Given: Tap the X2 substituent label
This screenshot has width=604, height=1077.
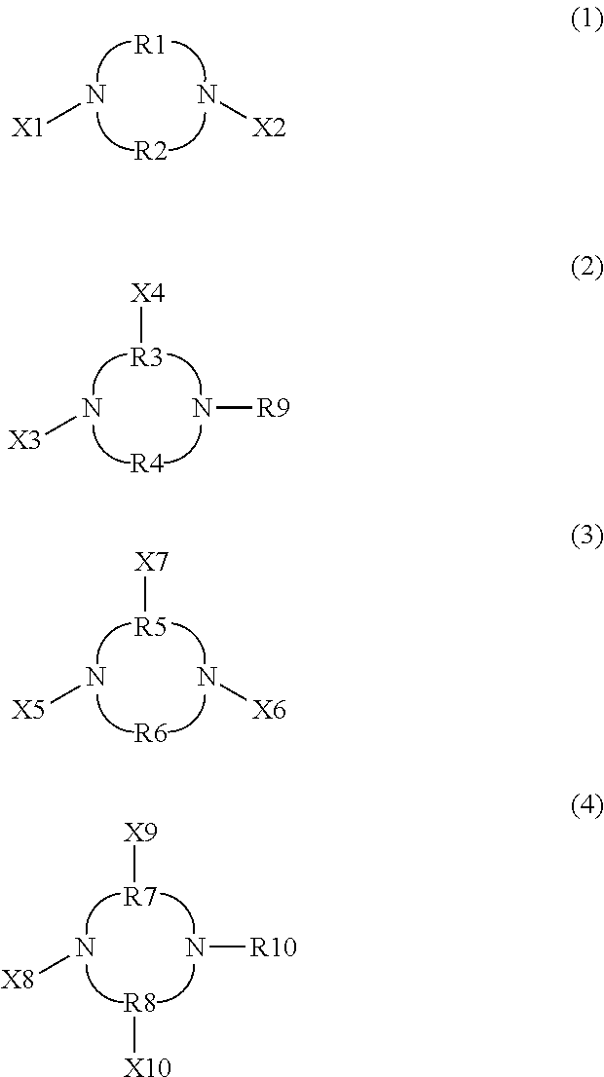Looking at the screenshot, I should (270, 128).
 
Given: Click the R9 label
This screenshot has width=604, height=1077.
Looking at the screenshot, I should (274, 408).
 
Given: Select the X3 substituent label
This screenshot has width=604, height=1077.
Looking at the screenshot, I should (26, 440).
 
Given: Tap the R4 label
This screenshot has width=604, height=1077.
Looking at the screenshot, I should (148, 463).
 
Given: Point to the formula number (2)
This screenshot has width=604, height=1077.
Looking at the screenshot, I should (586, 270).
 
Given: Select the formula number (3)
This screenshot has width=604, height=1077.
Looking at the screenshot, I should (586, 538).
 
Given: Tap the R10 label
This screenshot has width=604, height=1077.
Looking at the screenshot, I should (274, 947).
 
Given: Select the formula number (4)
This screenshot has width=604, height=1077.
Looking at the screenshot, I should (586, 806).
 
